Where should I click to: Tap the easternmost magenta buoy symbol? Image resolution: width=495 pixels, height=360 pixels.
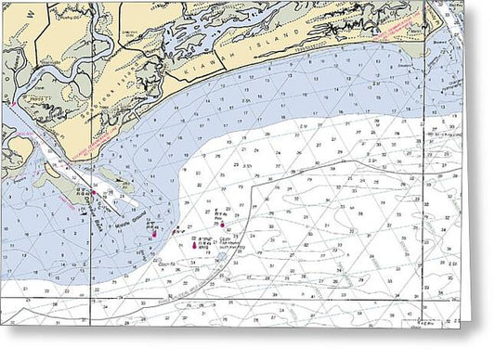(x=222, y=223)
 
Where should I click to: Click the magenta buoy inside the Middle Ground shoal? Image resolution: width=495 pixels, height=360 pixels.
(x=153, y=233)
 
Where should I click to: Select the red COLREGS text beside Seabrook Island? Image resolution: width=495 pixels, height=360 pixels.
(x=93, y=139)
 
